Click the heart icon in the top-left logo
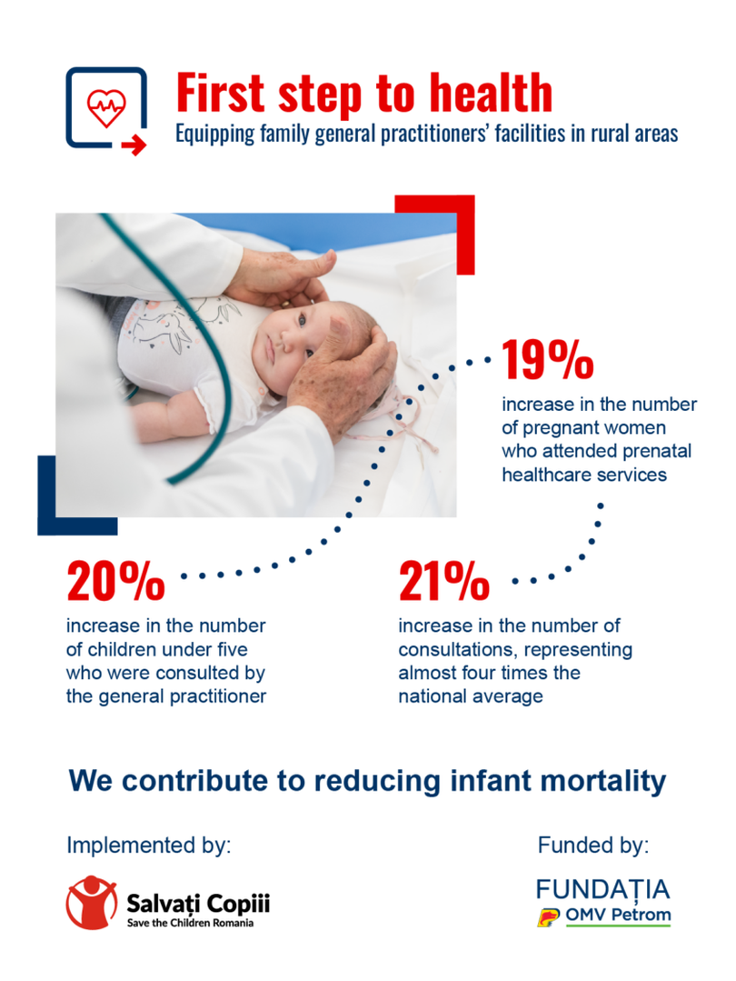coord(106,107)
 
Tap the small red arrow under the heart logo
coord(134,146)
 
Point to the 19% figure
coord(548,360)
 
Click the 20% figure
coord(115,581)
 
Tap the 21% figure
coord(444,581)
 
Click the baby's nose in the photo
coord(286,342)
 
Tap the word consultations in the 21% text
coord(456,650)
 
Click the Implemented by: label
coord(149,846)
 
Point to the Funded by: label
coord(593,846)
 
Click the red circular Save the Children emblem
coord(91,902)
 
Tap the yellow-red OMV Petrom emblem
coord(548,916)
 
